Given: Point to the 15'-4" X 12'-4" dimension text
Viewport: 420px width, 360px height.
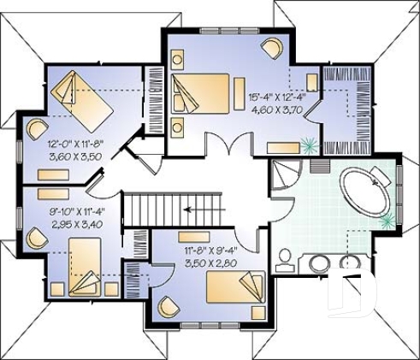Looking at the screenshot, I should [271, 98].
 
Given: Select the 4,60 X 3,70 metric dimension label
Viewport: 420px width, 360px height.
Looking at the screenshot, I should [271, 111].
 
